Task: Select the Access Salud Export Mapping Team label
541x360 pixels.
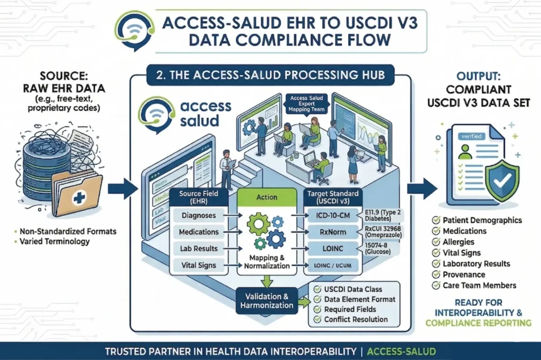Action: click(x=306, y=104)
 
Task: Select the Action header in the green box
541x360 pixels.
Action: click(x=266, y=197)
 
